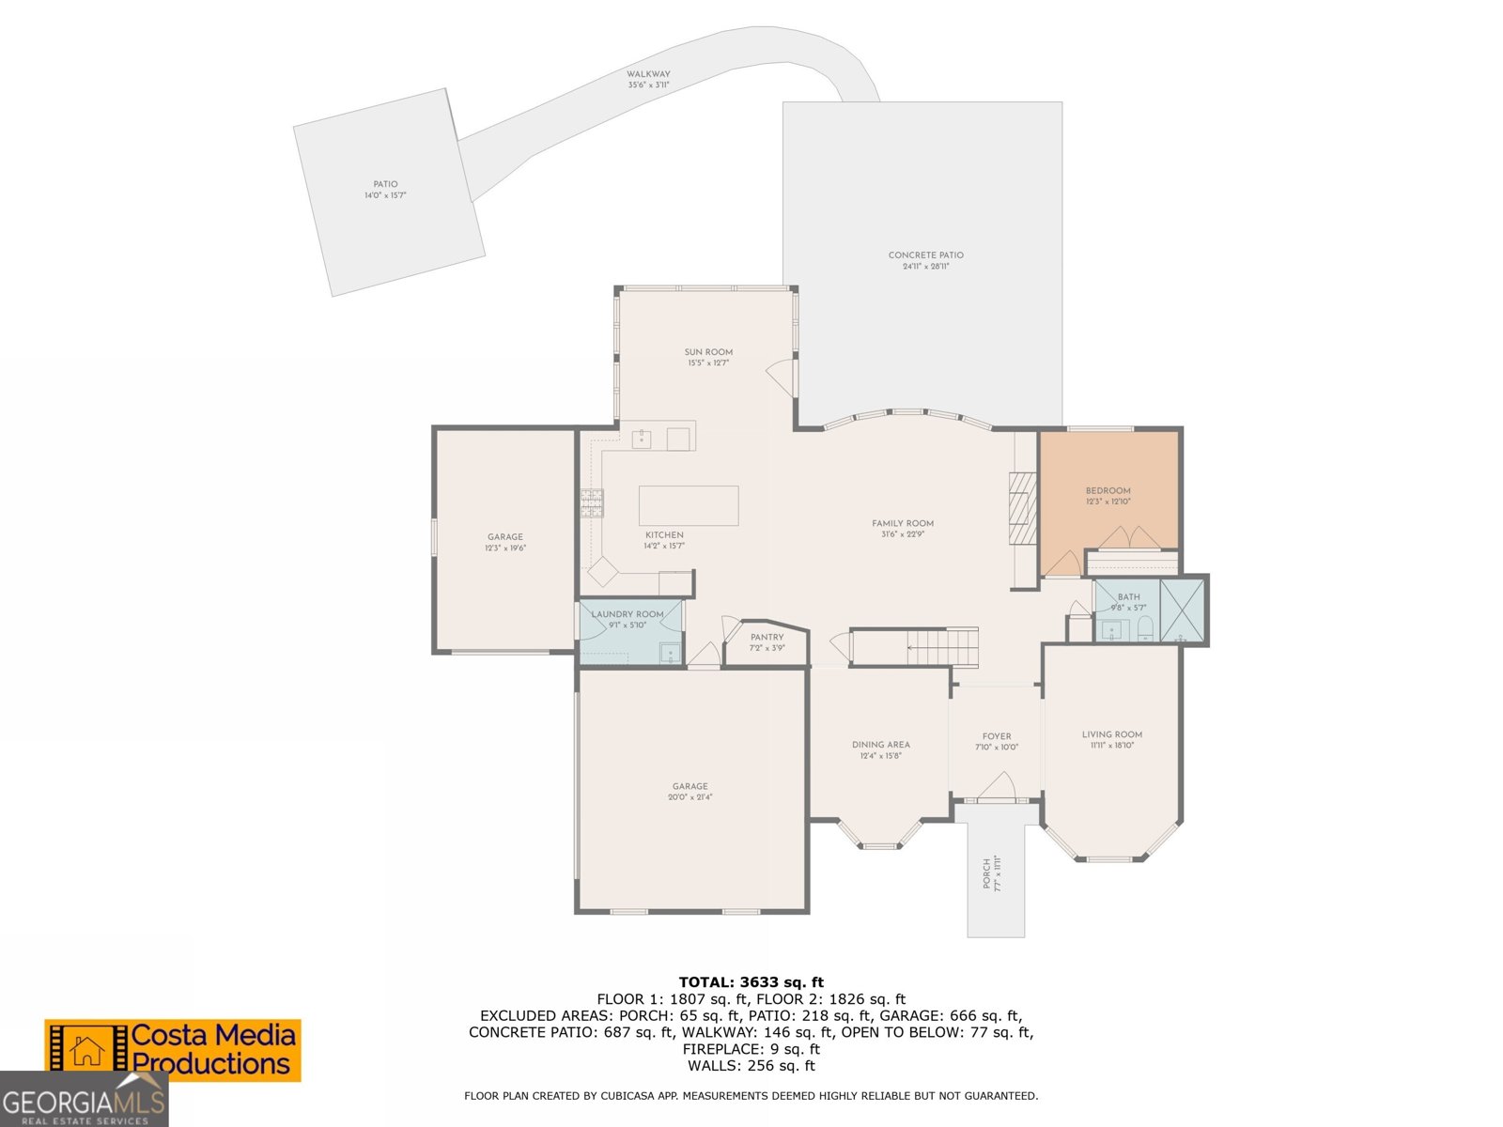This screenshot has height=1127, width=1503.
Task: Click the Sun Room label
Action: [x=708, y=352]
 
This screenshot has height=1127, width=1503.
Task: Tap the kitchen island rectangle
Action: [x=689, y=505]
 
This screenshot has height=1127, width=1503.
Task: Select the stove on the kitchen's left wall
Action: [x=591, y=503]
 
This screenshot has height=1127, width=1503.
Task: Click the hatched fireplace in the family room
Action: [x=1022, y=508]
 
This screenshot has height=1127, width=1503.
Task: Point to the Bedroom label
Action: [x=1108, y=490]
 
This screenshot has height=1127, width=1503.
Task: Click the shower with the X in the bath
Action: [x=1183, y=611]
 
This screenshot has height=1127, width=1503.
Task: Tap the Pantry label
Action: [x=767, y=637]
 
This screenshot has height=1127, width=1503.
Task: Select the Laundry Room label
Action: [x=628, y=614]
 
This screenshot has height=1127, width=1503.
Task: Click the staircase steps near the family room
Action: [x=943, y=647]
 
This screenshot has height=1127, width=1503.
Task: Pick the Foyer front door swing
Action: [x=997, y=787]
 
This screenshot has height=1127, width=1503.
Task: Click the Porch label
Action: [x=986, y=872]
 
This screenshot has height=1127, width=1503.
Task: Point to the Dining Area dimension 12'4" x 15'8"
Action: [x=880, y=756]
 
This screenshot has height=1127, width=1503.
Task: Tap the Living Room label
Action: [x=1111, y=734]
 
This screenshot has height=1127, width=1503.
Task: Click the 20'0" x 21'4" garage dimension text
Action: [x=690, y=797]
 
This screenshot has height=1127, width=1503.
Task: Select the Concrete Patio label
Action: [x=925, y=255]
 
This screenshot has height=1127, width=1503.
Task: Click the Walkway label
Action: [x=648, y=74]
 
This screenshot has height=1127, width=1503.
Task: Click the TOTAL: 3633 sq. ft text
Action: [x=751, y=982]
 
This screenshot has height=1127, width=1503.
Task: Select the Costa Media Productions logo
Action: [x=173, y=1050]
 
